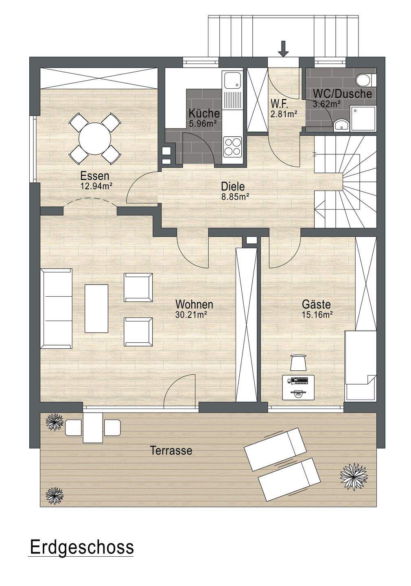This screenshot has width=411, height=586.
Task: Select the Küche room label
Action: coord(204,114)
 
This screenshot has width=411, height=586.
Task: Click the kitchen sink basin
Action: coord(232,79)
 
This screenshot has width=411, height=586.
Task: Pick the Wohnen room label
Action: coord(194,304)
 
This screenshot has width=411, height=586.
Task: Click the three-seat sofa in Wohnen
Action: coord(57,308)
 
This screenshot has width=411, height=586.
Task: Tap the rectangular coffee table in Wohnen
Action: coord(96,309)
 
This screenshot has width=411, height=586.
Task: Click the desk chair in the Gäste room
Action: coord(299,363)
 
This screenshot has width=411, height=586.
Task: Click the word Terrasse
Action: coord(171,450)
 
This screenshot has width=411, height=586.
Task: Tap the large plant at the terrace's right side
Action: coord(354,477)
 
